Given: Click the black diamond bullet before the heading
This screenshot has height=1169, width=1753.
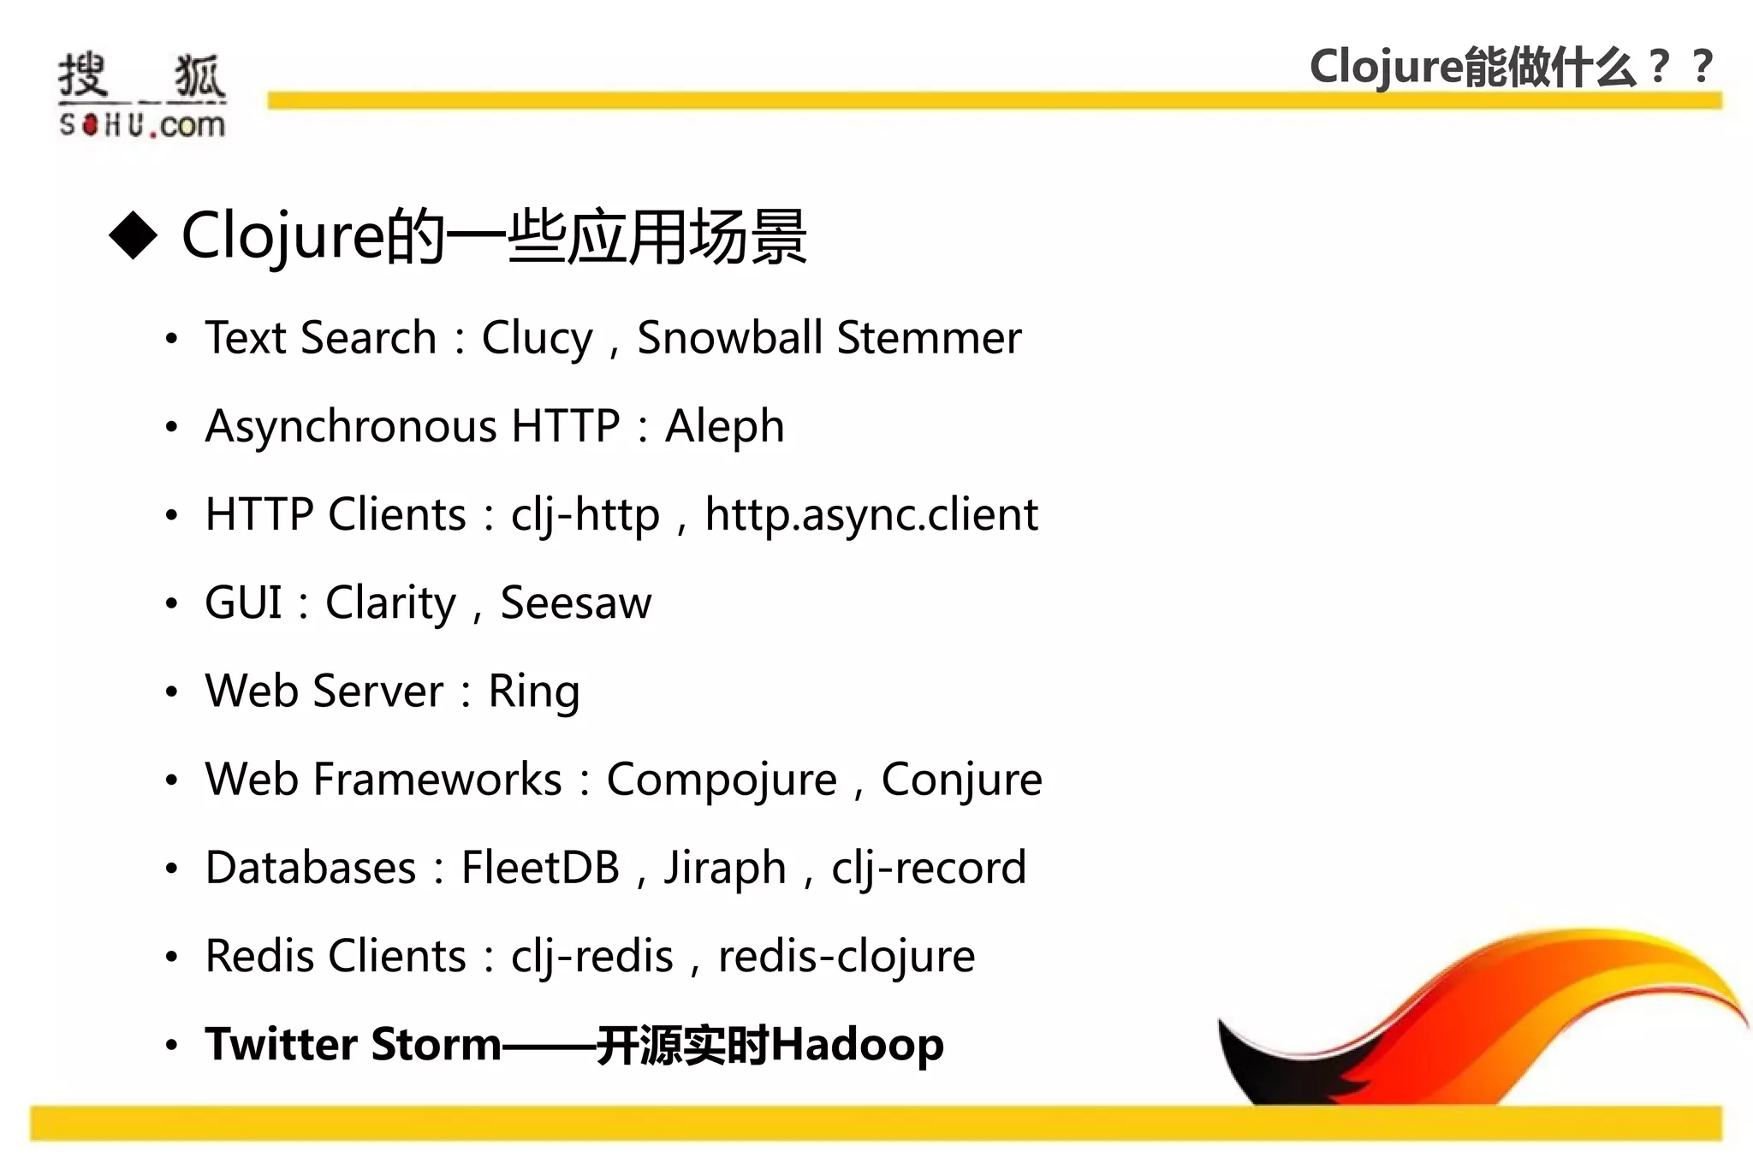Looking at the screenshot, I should point(134,234).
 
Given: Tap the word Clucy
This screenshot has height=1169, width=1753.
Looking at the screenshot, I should point(537,339).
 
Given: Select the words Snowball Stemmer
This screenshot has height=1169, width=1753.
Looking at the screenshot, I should point(829,337).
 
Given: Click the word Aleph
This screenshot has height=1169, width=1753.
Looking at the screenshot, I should point(724,427).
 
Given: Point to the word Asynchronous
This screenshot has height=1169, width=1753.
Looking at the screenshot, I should point(351,427).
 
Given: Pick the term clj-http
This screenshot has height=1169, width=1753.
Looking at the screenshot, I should point(585,516).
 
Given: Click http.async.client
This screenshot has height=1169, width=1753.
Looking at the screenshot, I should point(871,516).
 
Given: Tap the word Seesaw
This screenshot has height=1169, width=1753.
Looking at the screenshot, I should point(575,603).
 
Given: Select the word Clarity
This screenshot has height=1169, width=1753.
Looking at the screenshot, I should point(391,604).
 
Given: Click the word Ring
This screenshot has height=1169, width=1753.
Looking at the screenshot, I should point(533,692).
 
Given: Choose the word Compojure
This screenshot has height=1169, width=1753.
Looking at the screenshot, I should point(722,780).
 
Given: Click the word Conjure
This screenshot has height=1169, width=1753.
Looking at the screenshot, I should point(961,780).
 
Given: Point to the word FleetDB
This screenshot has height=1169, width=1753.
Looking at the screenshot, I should point(540,868).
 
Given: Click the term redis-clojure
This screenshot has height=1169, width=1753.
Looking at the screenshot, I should point(846,958).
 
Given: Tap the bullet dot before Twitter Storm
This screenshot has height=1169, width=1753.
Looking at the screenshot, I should point(172,1045).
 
